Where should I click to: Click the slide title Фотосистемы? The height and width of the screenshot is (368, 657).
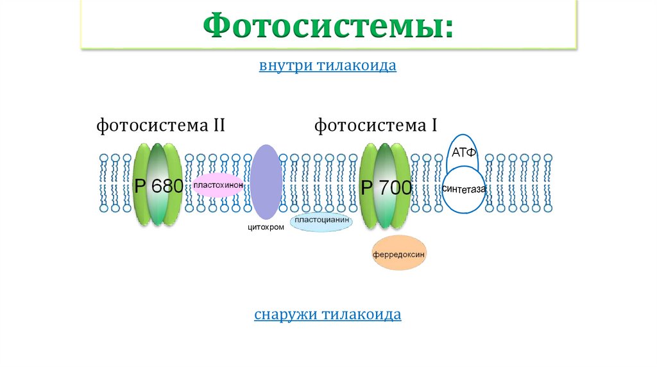click(328, 27)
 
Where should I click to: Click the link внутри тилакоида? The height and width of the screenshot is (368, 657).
click(328, 66)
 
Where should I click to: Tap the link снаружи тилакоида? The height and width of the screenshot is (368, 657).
click(328, 315)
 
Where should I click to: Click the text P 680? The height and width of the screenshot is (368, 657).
click(158, 187)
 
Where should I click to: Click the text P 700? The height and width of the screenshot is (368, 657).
click(385, 188)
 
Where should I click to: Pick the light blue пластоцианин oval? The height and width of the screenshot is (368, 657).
click(323, 221)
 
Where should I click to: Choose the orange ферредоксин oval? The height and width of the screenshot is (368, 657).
click(398, 254)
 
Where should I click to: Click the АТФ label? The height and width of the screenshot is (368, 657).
click(463, 153)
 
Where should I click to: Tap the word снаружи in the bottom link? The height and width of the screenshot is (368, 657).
click(286, 315)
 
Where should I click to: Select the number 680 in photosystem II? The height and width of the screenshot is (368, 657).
click(168, 187)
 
